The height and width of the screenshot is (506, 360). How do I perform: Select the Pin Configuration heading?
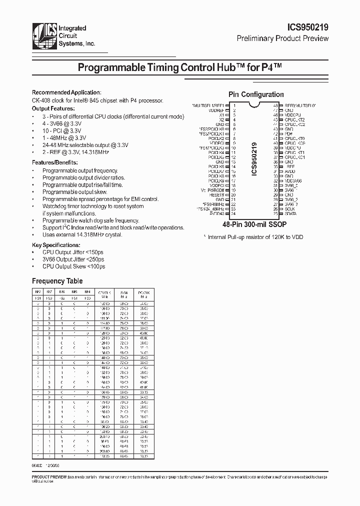click(x=256, y=94)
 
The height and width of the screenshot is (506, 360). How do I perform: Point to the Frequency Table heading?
click(x=57, y=281)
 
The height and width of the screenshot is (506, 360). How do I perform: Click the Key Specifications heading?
click(x=56, y=245)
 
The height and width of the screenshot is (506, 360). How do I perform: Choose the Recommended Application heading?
click(x=66, y=92)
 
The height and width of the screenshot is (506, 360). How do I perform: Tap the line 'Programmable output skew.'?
click(x=74, y=192)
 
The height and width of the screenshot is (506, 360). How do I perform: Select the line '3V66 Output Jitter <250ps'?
click(x=73, y=259)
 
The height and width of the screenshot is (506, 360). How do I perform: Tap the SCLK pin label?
click(x=289, y=209)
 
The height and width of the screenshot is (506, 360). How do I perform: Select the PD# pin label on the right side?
click(x=288, y=134)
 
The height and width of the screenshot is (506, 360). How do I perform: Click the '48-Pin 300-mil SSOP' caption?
click(x=255, y=225)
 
